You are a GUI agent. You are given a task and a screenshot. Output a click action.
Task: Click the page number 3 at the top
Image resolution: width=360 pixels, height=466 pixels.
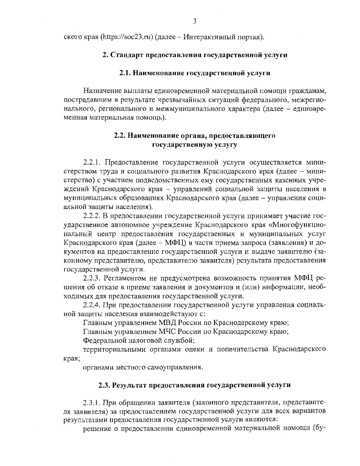tap(195, 21)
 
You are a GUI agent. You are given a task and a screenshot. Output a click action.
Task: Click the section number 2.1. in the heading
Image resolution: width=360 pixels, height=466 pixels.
tap(125, 73)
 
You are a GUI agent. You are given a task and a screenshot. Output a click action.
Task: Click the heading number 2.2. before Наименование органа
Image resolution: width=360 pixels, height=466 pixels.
tap(120, 136)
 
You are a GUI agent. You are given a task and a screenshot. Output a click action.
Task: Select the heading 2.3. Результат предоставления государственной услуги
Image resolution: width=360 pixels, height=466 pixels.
tap(195, 385)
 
